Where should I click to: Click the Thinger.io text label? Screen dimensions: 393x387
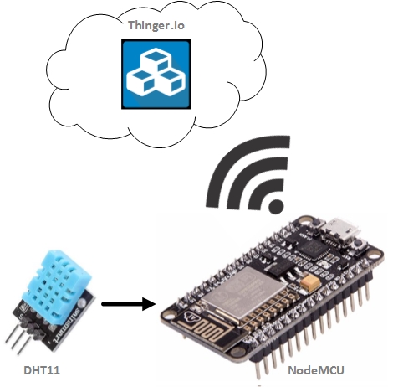156,26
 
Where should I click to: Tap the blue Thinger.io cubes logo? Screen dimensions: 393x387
156,75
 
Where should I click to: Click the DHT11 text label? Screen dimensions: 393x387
42,370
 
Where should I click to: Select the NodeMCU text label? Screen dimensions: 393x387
316,370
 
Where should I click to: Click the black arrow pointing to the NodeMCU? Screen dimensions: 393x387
129,304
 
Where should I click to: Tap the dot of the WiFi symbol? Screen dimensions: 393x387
276,206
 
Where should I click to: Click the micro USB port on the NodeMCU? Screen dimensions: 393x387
344,230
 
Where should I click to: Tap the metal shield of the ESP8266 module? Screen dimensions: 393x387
244,290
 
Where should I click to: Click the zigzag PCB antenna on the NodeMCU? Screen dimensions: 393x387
203,328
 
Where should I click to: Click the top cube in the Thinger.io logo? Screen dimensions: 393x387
156,59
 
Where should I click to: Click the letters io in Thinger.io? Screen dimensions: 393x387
177,26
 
